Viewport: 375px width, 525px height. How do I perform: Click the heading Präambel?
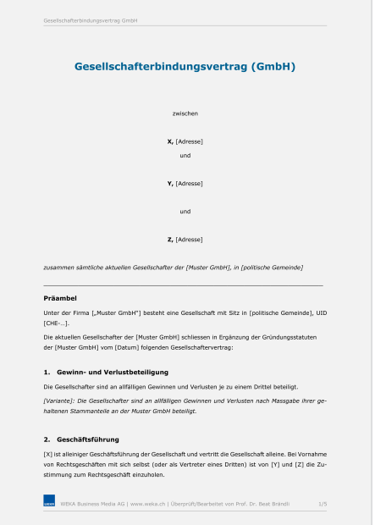point(60,298)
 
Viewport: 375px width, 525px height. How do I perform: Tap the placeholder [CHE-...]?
point(56,323)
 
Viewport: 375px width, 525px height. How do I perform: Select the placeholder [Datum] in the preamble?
point(140,348)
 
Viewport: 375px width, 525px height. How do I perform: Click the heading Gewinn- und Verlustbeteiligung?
point(113,372)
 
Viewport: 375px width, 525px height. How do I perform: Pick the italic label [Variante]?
point(63,399)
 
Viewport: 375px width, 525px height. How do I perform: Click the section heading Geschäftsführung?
point(88,439)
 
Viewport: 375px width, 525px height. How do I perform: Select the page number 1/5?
point(323,504)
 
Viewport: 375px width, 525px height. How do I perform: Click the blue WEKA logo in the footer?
point(49,505)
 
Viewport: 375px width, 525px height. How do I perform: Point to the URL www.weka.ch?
point(148,504)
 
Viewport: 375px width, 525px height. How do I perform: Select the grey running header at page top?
point(91,19)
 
